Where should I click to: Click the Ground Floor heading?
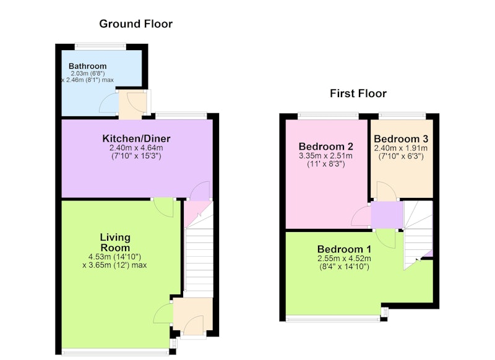[136, 24]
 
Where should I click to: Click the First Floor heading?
[358, 93]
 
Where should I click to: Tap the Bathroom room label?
[87, 66]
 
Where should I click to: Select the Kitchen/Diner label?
[136, 138]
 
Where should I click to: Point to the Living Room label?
[115, 242]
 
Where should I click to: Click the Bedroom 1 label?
[344, 249]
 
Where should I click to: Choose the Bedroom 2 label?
[326, 147]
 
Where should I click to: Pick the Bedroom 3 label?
[401, 139]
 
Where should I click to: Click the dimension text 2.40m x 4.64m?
[136, 148]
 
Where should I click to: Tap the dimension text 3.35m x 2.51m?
[325, 155]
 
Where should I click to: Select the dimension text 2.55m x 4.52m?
[344, 259]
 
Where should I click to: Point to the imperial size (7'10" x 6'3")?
[401, 156]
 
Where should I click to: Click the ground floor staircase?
[199, 249]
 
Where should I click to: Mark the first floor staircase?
[418, 235]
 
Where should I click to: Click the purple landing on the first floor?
[387, 215]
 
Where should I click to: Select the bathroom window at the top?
[100, 46]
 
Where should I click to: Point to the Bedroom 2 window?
[329, 116]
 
